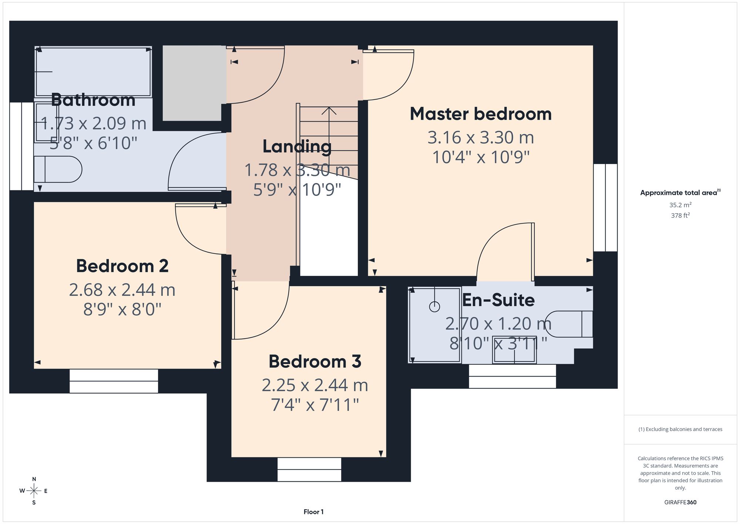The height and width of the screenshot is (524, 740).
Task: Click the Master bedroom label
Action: [481, 114]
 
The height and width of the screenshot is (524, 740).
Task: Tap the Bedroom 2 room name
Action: [122, 266]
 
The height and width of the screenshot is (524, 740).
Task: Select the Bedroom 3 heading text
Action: [315, 361]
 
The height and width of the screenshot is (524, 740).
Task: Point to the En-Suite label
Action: [498, 300]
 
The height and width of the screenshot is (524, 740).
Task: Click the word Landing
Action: [297, 147]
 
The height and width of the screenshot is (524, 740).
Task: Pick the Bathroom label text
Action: [93, 100]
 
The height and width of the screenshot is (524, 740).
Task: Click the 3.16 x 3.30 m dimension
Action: [481, 137]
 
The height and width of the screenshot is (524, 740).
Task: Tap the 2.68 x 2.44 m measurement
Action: [122, 290]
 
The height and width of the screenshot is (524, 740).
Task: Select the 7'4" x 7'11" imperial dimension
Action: [315, 405]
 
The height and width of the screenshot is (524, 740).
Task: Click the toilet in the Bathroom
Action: [58, 169]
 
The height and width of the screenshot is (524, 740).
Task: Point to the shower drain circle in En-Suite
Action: [434, 307]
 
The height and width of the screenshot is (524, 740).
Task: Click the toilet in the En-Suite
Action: [569, 324]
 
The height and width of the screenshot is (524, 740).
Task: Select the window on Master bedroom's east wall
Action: [605, 207]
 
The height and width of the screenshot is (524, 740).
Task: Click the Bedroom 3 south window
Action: [309, 470]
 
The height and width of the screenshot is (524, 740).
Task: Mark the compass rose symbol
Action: [34, 491]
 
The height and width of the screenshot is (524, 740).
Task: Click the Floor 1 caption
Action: [313, 512]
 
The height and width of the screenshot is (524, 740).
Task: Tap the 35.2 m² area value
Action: [680, 205]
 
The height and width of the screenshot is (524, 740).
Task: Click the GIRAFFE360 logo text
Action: [680, 502]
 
